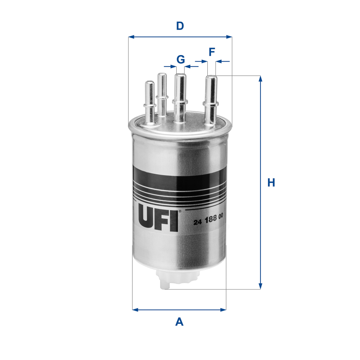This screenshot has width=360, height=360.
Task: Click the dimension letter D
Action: [180, 26]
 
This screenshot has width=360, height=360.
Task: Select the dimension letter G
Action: [181, 60]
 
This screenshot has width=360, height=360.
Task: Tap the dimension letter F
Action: [212, 52]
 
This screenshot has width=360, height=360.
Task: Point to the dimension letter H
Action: [271, 183]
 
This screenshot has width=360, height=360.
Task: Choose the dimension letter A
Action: [179, 322]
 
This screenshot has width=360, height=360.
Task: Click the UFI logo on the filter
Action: [157, 219]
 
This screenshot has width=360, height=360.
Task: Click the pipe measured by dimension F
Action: [211, 98]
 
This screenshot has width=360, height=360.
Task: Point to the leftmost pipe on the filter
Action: [150, 102]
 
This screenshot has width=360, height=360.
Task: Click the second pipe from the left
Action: [162, 94]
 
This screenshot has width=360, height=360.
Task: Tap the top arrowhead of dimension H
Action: [260, 78]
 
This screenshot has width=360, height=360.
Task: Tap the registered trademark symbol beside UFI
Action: [180, 211]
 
